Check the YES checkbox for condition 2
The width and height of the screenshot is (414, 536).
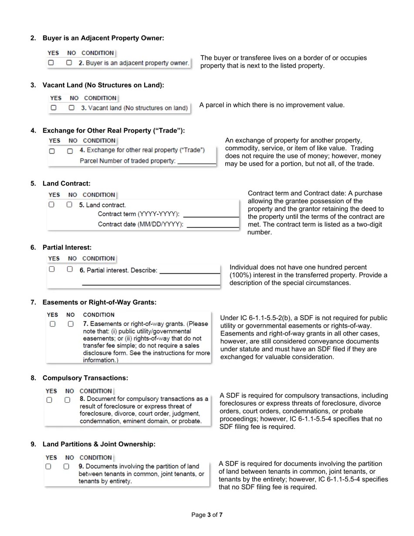tap(51, 63)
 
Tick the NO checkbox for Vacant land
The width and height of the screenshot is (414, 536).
tap(71, 108)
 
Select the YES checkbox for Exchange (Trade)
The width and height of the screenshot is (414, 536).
tap(52, 151)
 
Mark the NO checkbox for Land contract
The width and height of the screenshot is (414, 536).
tap(69, 204)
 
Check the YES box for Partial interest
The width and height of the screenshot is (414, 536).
tap(52, 269)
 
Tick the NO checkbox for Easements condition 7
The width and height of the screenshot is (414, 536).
tap(71, 324)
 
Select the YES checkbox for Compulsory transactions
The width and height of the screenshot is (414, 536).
tap(49, 400)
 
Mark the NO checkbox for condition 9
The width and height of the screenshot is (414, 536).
tap(66, 466)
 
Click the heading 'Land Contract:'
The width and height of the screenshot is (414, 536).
tap(66, 183)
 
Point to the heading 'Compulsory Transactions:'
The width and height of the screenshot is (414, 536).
tap(85, 378)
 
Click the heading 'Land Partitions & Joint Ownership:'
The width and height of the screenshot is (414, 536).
tap(98, 444)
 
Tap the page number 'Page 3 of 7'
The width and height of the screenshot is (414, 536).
tap(207, 515)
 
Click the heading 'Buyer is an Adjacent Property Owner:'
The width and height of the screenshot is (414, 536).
tap(103, 38)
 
